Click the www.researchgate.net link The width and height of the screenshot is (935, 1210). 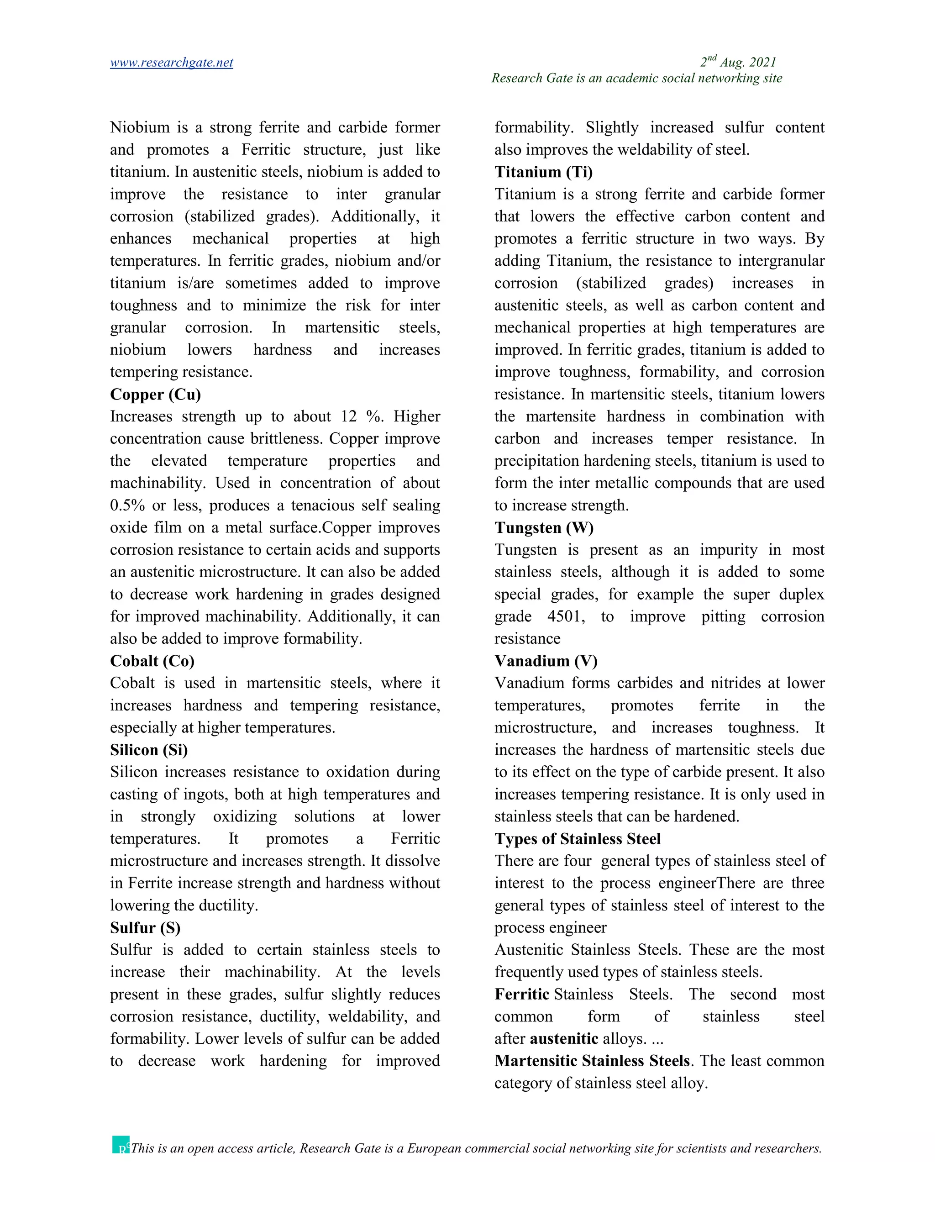pyautogui.click(x=171, y=63)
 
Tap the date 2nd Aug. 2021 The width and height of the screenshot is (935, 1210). pyautogui.click(x=738, y=62)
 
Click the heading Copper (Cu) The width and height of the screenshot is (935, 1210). pyautogui.click(x=155, y=395)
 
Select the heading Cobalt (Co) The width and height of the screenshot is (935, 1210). pyautogui.click(x=152, y=661)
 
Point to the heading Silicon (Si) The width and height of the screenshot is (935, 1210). pyautogui.click(x=148, y=750)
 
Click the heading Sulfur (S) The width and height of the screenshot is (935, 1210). pyautogui.click(x=145, y=928)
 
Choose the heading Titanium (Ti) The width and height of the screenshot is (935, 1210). pyautogui.click(x=543, y=172)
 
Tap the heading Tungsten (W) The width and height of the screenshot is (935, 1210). pyautogui.click(x=543, y=528)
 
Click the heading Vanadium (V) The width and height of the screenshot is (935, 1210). pyautogui.click(x=546, y=661)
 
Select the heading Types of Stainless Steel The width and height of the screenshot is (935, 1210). pyautogui.click(x=577, y=839)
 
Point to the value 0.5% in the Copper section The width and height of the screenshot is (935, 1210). pyautogui.click(x=127, y=505)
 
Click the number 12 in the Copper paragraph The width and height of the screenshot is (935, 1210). pyautogui.click(x=348, y=416)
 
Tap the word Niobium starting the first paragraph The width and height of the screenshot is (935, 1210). pyautogui.click(x=140, y=127)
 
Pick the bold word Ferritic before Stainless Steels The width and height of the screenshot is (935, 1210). pyautogui.click(x=521, y=994)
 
